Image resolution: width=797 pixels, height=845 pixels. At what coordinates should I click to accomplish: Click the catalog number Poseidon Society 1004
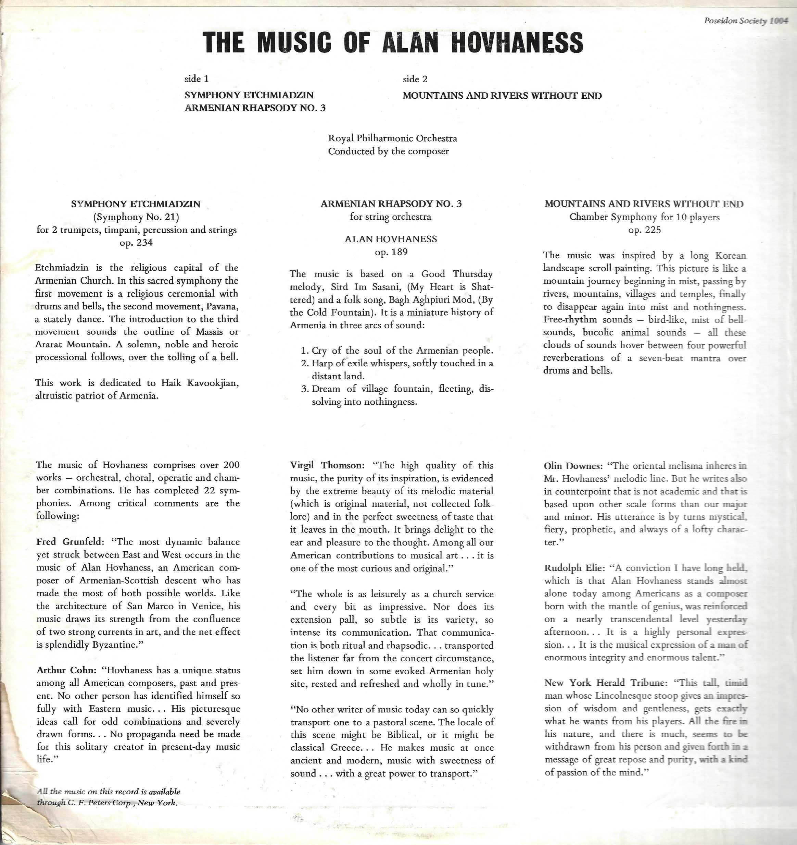click(746, 21)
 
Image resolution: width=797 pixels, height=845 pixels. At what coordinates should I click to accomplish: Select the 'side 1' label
click(196, 79)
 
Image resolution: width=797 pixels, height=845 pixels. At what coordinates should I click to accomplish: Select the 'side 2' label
click(415, 79)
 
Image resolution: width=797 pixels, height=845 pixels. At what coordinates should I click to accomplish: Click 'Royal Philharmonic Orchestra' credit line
click(392, 138)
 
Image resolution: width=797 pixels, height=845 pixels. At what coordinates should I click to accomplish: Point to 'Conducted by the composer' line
click(388, 151)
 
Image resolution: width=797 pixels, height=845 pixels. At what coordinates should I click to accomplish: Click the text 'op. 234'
click(136, 243)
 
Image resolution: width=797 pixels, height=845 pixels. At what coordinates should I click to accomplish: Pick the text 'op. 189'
click(391, 252)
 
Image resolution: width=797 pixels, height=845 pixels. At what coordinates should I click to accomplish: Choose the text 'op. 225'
click(645, 230)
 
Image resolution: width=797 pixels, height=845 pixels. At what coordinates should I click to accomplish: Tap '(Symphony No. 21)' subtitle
click(136, 217)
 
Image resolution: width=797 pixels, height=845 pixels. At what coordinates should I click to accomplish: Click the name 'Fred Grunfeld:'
click(70, 542)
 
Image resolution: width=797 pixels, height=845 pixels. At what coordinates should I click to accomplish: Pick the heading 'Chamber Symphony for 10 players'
click(645, 217)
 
